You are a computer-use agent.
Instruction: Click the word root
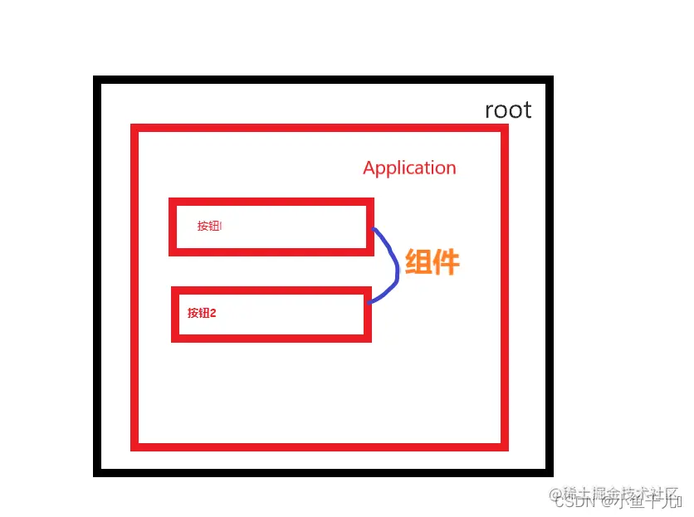click(x=508, y=110)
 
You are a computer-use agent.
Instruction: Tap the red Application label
click(x=409, y=168)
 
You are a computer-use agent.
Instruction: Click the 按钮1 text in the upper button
click(x=209, y=226)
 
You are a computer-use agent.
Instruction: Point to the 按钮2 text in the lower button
click(x=202, y=313)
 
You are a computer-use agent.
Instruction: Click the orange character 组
click(x=418, y=262)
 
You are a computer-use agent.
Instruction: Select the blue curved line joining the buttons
click(x=394, y=265)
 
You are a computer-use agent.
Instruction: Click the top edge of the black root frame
click(x=324, y=80)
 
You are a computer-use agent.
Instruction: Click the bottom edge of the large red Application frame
click(x=320, y=446)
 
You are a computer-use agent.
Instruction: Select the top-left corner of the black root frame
click(x=98, y=80)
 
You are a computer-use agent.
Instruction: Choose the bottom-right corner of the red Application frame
click(x=504, y=446)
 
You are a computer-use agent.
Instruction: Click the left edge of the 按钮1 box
click(x=173, y=227)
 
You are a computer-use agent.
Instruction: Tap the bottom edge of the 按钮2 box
click(x=271, y=338)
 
